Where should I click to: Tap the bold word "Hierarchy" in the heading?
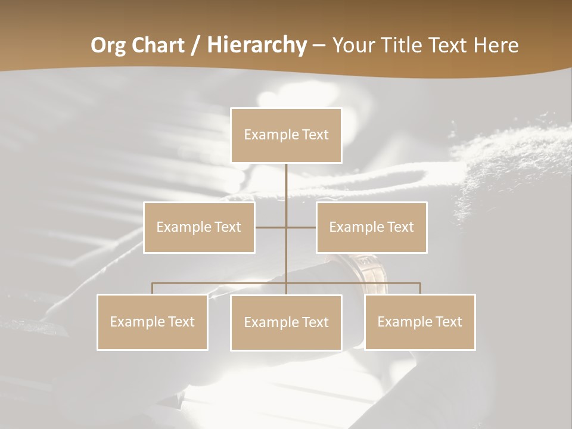(x=257, y=45)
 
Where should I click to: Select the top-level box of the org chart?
(x=287, y=135)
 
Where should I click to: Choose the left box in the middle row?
(x=199, y=227)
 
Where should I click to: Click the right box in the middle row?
(x=372, y=227)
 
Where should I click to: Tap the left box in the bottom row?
(x=153, y=322)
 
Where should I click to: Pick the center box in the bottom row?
(x=287, y=322)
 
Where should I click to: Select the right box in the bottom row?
(x=420, y=322)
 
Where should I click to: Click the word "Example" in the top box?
(x=271, y=135)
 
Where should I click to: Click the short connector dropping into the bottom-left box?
(x=153, y=288)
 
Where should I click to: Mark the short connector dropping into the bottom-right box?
(x=420, y=288)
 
